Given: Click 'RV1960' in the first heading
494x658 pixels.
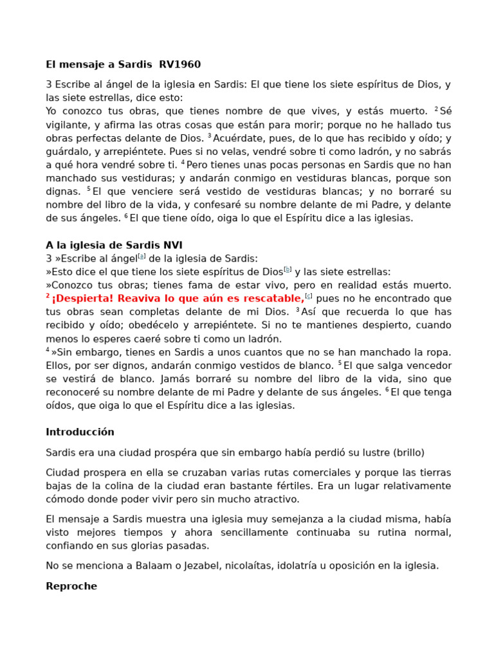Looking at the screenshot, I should [x=179, y=64].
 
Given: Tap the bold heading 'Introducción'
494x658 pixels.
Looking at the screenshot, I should [x=80, y=432].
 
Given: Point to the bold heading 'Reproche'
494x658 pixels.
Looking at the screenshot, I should [x=71, y=586].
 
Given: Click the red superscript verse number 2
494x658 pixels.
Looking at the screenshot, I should [x=48, y=296].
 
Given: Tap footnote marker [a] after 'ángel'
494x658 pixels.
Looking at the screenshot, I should [x=143, y=256].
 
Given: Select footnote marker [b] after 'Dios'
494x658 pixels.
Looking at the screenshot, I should [x=288, y=270].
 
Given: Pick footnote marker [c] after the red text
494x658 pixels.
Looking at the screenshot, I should [x=309, y=296].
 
